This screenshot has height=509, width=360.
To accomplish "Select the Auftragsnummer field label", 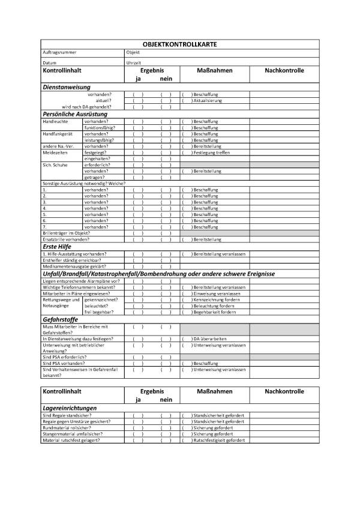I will coord(58,53).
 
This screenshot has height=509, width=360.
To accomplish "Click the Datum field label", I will coord(50,62).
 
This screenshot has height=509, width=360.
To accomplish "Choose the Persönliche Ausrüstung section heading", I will coord(75,113).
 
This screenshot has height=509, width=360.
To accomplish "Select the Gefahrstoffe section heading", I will coord(62,320).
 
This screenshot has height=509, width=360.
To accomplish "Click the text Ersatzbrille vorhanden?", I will coord(66,239).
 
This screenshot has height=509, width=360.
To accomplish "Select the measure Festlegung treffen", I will coord(213,152).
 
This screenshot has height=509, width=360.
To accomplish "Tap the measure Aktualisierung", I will coord(208,100).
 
